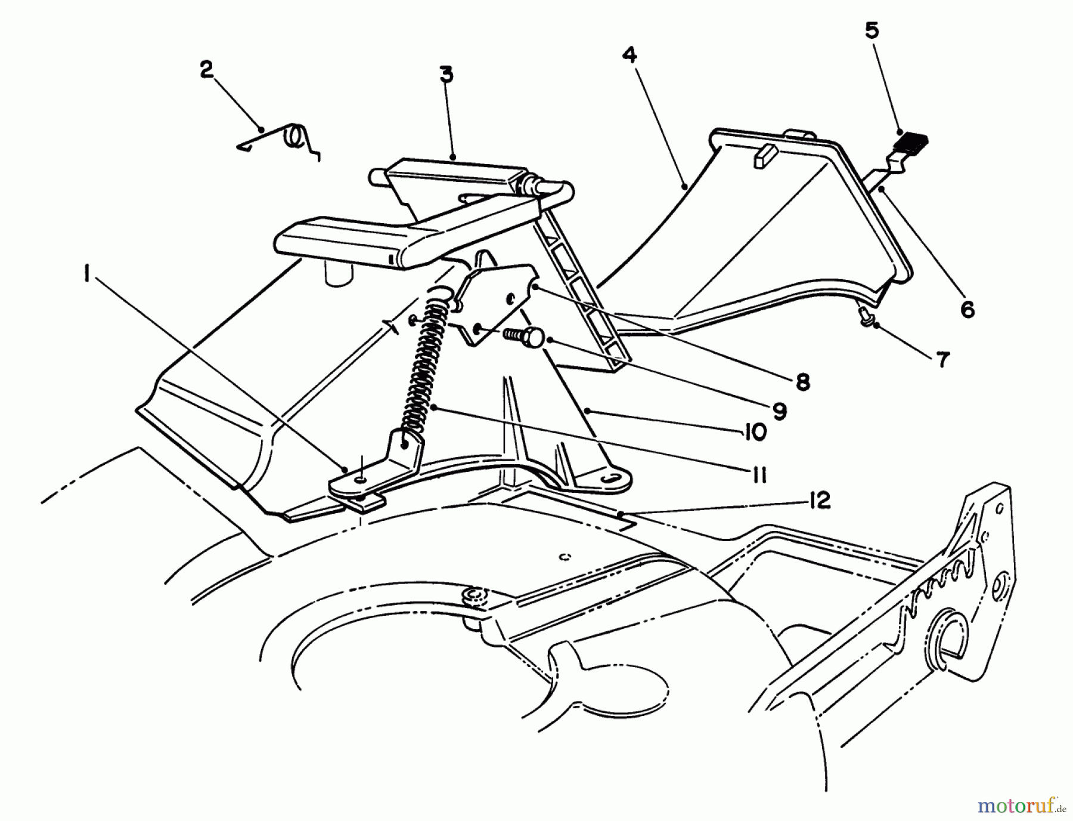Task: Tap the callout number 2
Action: (206, 70)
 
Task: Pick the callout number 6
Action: (967, 308)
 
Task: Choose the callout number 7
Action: (942, 359)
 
